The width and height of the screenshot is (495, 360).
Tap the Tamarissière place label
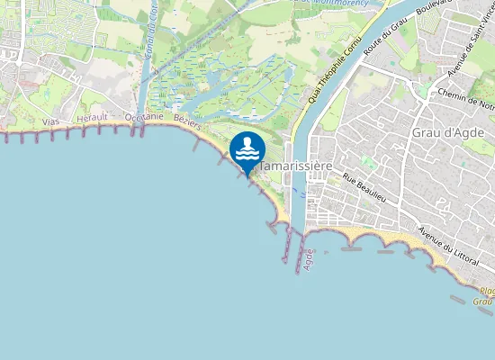(298, 166)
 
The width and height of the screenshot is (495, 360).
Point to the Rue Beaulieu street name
(364, 186)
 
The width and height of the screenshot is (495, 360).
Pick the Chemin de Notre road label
(464, 95)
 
